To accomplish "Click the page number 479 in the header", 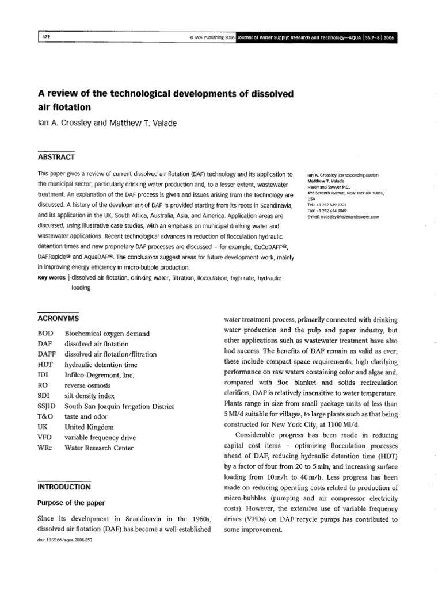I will click(47, 38).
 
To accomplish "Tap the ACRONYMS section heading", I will click(59, 318).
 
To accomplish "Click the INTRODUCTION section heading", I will click(64, 486).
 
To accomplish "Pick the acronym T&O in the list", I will click(46, 417).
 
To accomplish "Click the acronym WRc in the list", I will click(45, 448).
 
